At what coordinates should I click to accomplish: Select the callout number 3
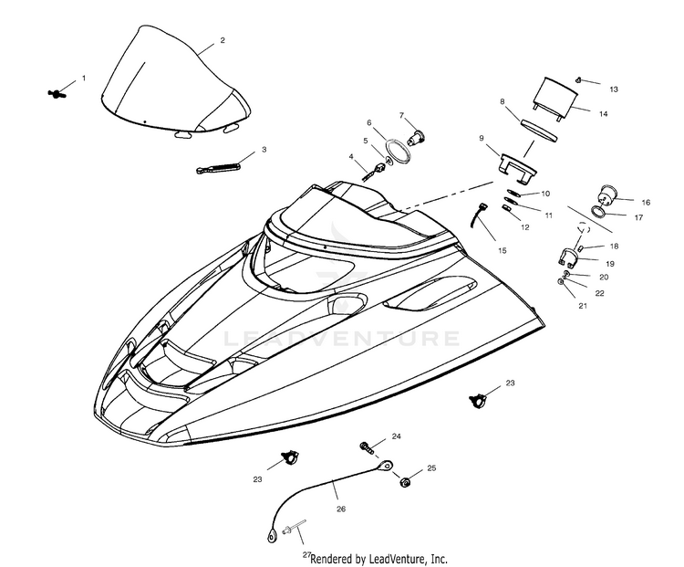click(x=264, y=149)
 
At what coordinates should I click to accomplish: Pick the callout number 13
click(x=614, y=89)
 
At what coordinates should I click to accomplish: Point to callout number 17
click(x=637, y=217)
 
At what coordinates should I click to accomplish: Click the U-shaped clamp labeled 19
click(x=567, y=257)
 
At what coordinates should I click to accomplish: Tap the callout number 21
click(x=583, y=306)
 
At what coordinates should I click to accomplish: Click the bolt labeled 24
click(x=368, y=446)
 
